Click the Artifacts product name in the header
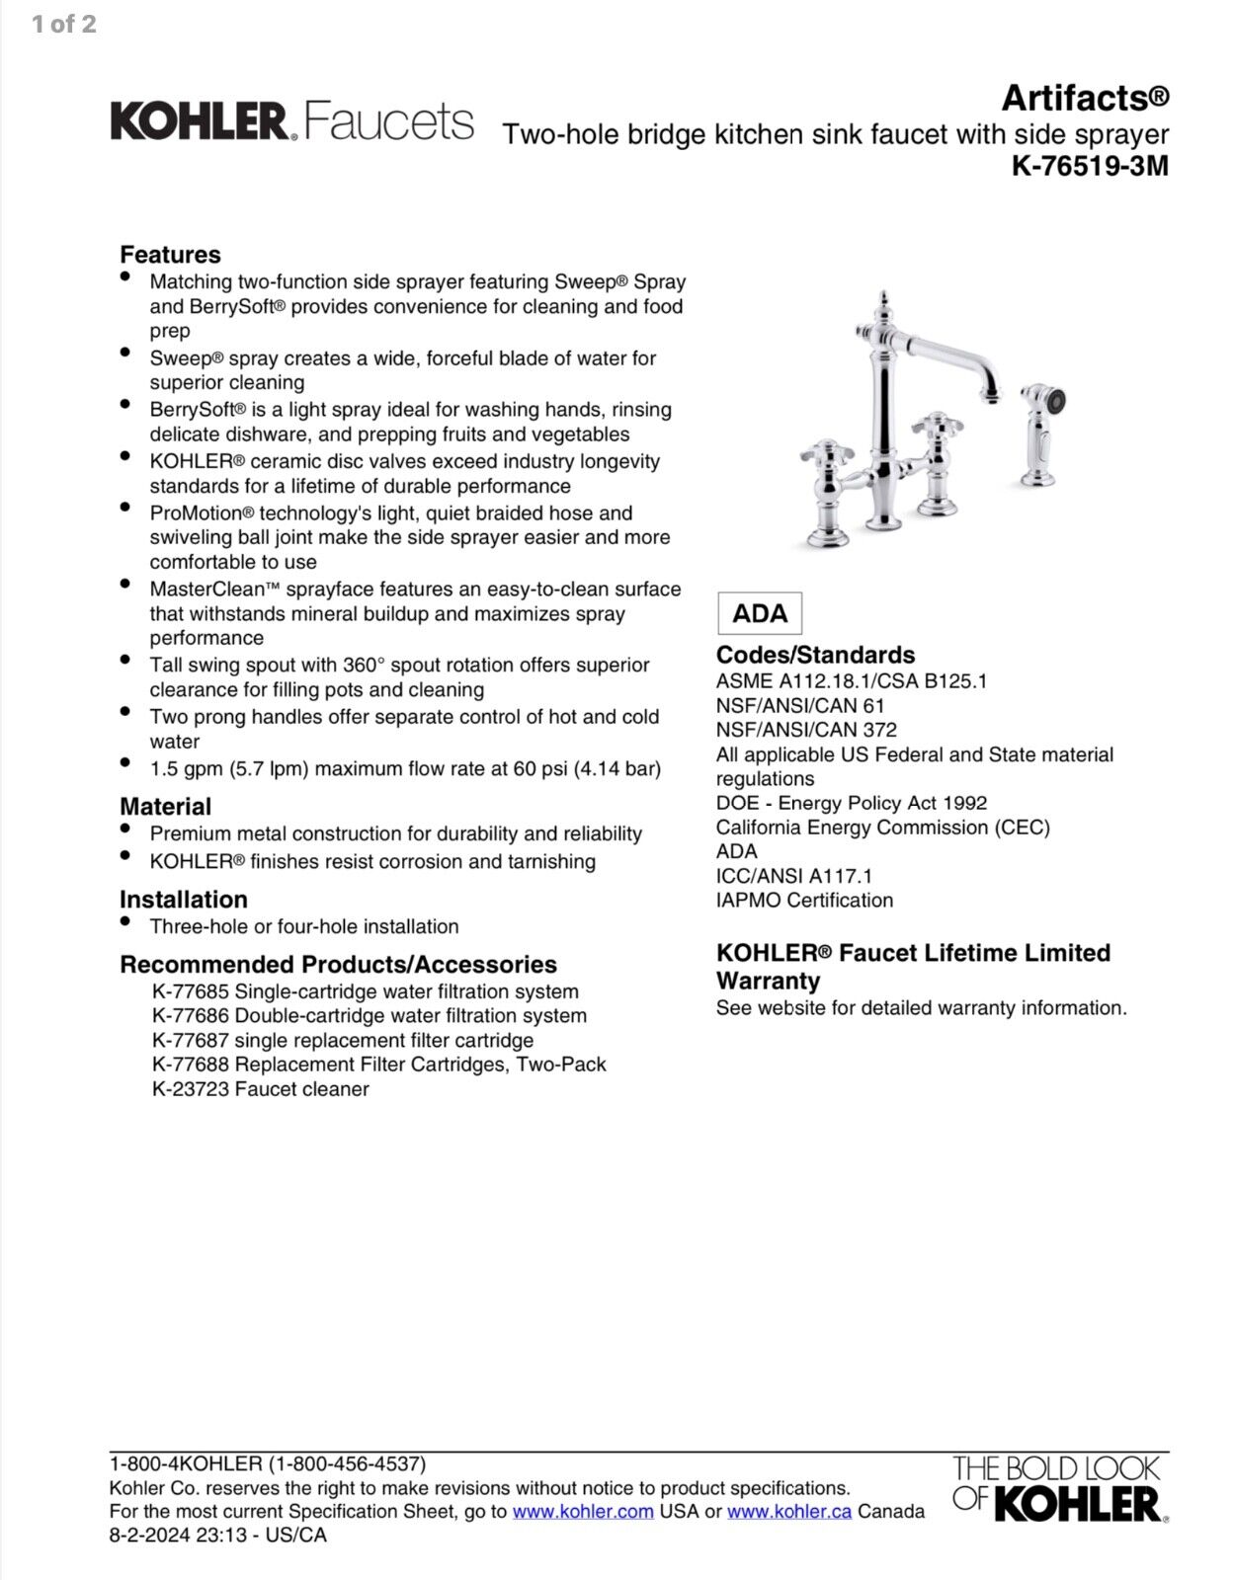coord(1085,98)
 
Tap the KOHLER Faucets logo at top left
coord(291,121)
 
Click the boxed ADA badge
coord(760,613)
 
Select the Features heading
coord(170,255)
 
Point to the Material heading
coord(165,807)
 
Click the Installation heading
coord(184,900)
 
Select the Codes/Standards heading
coord(815,655)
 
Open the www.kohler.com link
coord(583,1511)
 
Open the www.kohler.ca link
coord(789,1511)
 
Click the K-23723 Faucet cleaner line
coord(260,1089)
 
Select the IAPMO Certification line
coord(804,901)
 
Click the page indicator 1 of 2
coord(64,25)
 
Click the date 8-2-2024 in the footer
coord(152,1536)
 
